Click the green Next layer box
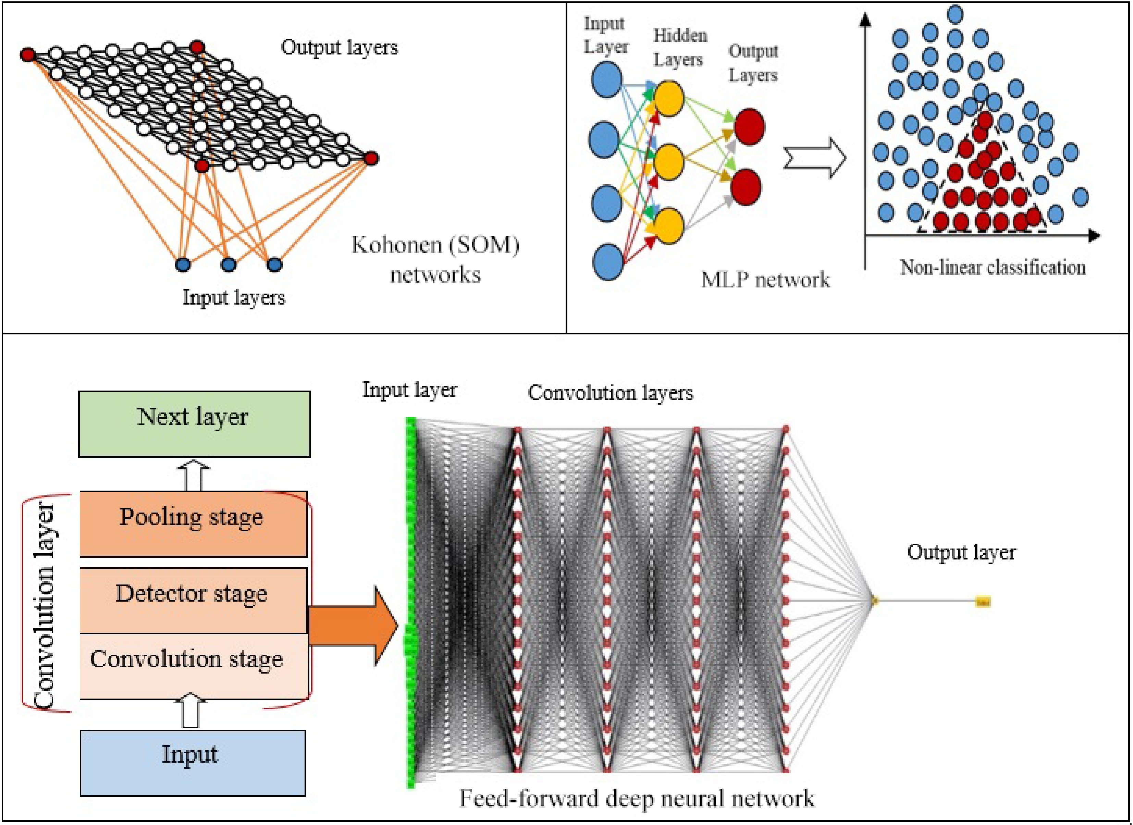pyautogui.click(x=194, y=424)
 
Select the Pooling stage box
pyautogui.click(x=193, y=524)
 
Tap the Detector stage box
pyautogui.click(x=193, y=600)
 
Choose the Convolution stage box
pyautogui.click(x=193, y=666)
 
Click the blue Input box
pyautogui.click(x=193, y=763)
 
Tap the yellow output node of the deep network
pyautogui.click(x=983, y=602)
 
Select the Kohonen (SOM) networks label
pyautogui.click(x=435, y=259)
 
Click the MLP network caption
pyautogui.click(x=765, y=280)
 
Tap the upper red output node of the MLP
pyautogui.click(x=749, y=127)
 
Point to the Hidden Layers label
pyautogui.click(x=680, y=48)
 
